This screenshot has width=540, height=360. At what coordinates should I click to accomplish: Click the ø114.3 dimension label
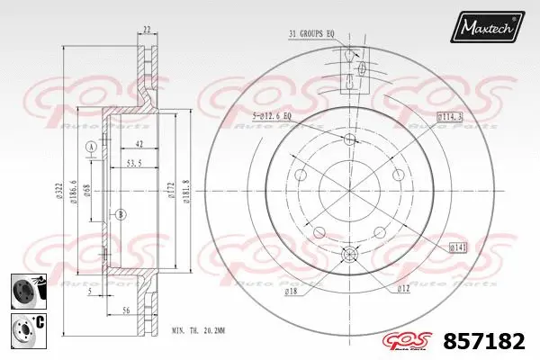pyautogui.click(x=450, y=116)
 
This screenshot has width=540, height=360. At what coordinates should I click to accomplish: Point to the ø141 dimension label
pyautogui.click(x=457, y=246)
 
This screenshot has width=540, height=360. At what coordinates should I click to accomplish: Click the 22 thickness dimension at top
pyautogui.click(x=147, y=30)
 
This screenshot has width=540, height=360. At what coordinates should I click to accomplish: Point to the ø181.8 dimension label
pyautogui.click(x=184, y=192)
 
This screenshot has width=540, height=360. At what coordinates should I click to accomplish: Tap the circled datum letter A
pyautogui.click(x=90, y=147)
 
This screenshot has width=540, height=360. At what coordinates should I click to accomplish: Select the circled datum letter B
pyautogui.click(x=121, y=213)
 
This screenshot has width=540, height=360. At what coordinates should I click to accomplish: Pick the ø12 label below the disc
pyautogui.click(x=404, y=288)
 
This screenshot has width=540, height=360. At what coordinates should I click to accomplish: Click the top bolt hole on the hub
pyautogui.click(x=350, y=139)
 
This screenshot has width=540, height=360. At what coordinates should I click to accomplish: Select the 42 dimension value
pyautogui.click(x=138, y=144)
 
